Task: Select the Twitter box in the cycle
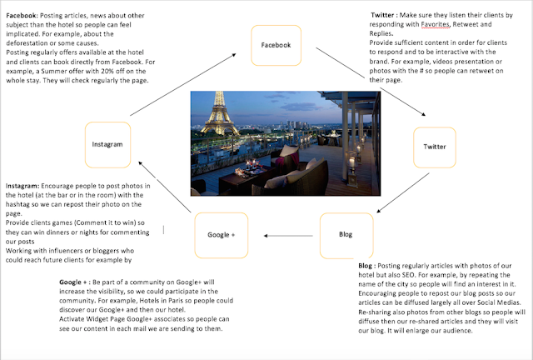click(434, 146)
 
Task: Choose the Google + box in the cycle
click(221, 235)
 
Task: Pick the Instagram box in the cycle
click(107, 144)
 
